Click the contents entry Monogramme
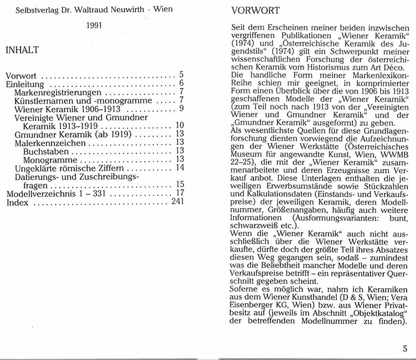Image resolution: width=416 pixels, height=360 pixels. [48, 159]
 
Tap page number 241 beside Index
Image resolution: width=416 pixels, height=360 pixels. [177, 201]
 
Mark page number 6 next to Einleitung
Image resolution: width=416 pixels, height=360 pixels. [182, 83]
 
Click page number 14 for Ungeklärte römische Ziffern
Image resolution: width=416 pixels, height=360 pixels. [180, 167]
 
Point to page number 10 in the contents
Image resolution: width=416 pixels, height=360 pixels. [180, 126]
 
